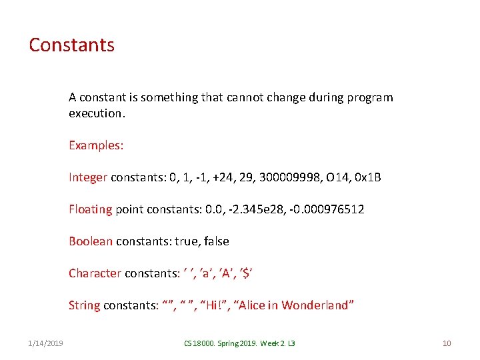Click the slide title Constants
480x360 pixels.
[x=71, y=45]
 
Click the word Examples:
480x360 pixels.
[x=96, y=145]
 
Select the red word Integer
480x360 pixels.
[x=88, y=177]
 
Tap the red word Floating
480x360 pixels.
[x=91, y=209]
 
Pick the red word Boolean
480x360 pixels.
[x=91, y=241]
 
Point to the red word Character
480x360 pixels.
[x=95, y=273]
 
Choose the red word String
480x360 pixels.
[x=84, y=305]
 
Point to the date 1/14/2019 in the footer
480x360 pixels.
[x=47, y=343]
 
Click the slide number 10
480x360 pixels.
[x=447, y=343]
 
